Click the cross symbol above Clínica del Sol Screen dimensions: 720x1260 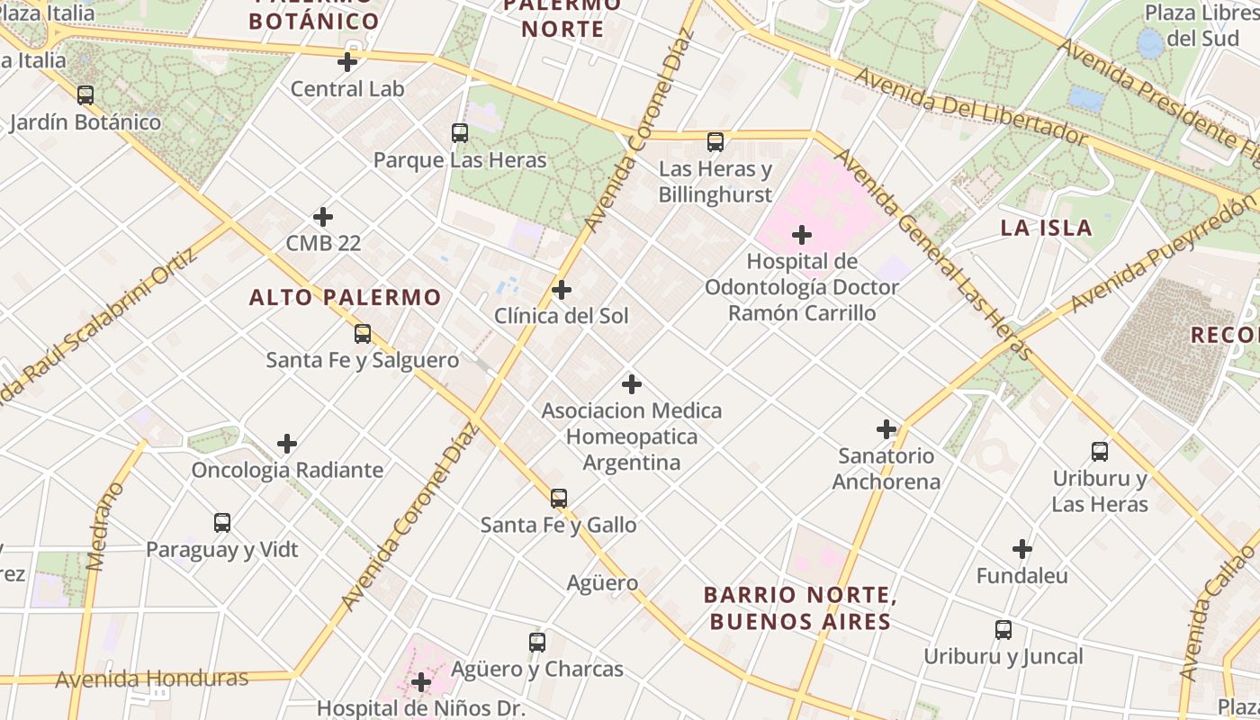coord(561,290)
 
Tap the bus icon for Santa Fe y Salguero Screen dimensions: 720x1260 coord(362,334)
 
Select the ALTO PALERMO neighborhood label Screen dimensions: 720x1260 coord(346,297)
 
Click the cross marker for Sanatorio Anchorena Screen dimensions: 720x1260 coord(886,429)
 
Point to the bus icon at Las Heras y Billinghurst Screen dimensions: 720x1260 coord(715,142)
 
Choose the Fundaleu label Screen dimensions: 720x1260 coord(1021,575)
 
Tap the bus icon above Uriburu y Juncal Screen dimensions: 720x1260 coord(1003,630)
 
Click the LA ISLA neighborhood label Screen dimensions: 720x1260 coord(1047,228)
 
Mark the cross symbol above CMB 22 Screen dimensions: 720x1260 coord(323,217)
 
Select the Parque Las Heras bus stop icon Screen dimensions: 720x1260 coord(460,133)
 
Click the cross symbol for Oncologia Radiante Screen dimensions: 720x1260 coord(287,444)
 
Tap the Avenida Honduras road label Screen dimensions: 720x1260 coord(151,678)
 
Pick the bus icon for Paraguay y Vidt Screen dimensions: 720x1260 coord(222,522)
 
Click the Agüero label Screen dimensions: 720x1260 coord(602,582)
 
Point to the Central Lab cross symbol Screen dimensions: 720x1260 coord(347,62)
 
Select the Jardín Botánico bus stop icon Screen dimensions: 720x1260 coord(85,94)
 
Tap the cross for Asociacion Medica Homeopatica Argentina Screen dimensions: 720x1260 coord(632,384)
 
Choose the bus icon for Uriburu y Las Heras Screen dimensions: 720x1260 coord(1099,452)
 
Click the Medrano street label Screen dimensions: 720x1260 coord(106,526)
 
